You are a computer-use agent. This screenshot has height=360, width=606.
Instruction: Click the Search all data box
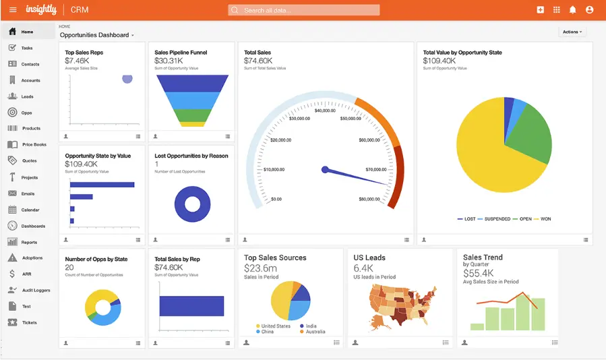(x=303, y=10)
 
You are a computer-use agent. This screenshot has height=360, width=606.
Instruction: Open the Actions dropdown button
(x=572, y=32)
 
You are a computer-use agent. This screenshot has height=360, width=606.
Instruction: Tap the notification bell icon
(x=573, y=10)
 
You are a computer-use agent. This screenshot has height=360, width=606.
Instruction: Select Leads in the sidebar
(x=27, y=96)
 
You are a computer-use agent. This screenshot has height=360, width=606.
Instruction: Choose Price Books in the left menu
(x=34, y=144)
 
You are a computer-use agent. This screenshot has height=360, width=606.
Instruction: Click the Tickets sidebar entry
(x=29, y=322)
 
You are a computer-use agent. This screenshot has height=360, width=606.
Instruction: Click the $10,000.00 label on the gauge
(x=274, y=169)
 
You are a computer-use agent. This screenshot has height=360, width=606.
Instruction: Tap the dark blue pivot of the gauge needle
(x=325, y=169)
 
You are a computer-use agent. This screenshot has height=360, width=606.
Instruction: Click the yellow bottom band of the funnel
(x=193, y=124)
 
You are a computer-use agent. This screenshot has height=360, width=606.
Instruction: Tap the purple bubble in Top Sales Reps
(x=127, y=79)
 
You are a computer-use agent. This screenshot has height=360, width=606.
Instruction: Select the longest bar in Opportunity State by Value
(x=102, y=185)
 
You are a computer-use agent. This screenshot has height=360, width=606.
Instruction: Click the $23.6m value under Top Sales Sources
(x=260, y=268)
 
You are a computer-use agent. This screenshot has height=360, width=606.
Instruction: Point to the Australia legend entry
(x=315, y=332)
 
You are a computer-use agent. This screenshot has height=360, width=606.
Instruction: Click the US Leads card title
(x=369, y=258)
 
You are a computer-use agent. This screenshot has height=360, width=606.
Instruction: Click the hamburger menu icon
(x=13, y=10)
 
